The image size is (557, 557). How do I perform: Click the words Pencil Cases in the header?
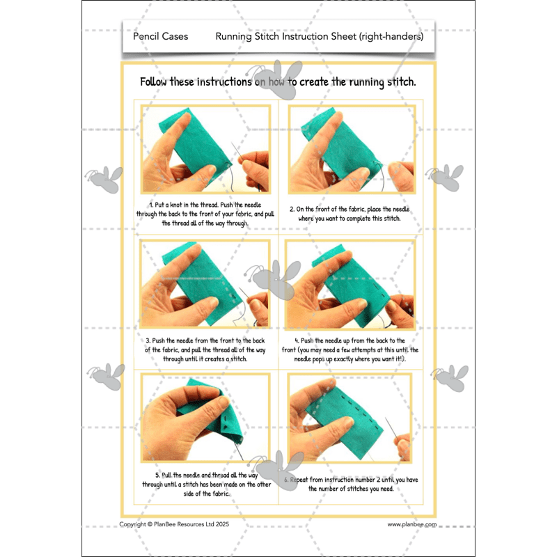160,36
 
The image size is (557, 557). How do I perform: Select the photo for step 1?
205,150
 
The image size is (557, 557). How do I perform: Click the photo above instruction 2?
351,150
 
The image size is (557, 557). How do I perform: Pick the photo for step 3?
205,285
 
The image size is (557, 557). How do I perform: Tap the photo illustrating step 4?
351,285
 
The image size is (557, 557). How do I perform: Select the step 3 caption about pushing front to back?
205,350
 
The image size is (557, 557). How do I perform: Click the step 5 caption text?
205,484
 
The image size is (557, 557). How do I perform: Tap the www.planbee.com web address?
411,524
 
